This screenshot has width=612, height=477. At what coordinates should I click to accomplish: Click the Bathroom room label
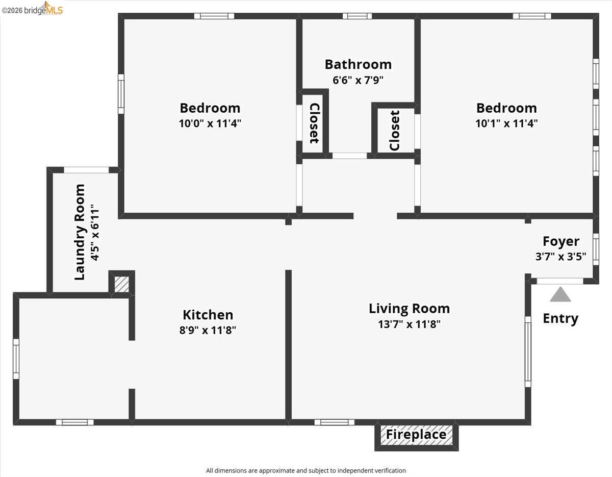point(358,64)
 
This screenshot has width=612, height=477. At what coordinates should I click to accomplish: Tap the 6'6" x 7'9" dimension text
point(358,80)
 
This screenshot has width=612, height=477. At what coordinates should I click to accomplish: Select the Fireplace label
point(416,435)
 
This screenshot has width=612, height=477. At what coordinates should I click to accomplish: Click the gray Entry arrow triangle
point(560,295)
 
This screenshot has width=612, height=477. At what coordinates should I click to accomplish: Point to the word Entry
point(560,318)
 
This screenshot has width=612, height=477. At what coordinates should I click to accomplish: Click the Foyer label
point(560,241)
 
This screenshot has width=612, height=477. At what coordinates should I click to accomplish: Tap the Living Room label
point(409,309)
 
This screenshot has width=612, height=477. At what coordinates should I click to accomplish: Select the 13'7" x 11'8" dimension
point(409,324)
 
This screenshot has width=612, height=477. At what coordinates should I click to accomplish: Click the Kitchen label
point(208,315)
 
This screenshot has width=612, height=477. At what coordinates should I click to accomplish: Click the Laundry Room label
point(80,232)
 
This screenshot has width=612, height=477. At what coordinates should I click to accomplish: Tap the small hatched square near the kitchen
point(122,284)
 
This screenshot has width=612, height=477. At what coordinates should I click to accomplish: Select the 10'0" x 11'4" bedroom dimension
point(210,123)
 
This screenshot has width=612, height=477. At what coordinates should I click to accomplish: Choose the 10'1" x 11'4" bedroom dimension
point(506,123)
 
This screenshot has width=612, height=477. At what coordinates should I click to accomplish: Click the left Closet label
point(314,123)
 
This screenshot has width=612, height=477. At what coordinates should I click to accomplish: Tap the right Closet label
point(394,131)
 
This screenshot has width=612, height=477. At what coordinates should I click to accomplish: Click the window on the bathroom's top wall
point(357,16)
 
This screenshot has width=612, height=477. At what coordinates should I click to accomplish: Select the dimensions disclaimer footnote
point(306,470)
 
